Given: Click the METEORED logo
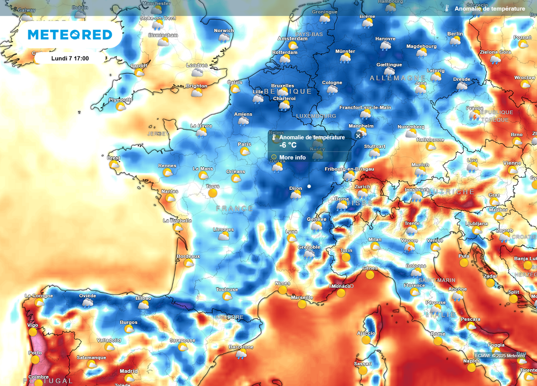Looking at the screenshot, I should pyautogui.click(x=70, y=35).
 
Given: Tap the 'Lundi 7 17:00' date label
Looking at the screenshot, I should pyautogui.click(x=70, y=58).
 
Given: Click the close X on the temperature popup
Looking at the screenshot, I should pyautogui.click(x=358, y=136).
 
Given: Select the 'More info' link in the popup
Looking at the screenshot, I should pyautogui.click(x=292, y=157).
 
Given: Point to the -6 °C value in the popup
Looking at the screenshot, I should pyautogui.click(x=288, y=145).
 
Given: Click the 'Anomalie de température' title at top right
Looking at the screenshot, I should pyautogui.click(x=489, y=8).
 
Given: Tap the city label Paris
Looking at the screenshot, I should pyautogui.click(x=244, y=144).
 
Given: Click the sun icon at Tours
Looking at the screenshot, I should pyautogui.click(x=212, y=193).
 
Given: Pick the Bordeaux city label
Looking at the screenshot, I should pyautogui.click(x=188, y=256).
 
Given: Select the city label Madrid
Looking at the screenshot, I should pyautogui.click(x=128, y=371).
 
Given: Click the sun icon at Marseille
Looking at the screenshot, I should pyautogui.click(x=302, y=304).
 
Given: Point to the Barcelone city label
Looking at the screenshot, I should pyautogui.click(x=241, y=347).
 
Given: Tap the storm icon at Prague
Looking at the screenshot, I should pyautogui.click(x=474, y=115).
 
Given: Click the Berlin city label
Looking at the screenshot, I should pyautogui.click(x=455, y=34).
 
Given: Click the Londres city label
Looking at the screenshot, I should pyautogui.click(x=197, y=66).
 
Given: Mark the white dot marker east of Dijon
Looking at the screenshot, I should pyautogui.click(x=309, y=186).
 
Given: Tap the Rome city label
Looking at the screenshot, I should pyautogui.click(x=437, y=334).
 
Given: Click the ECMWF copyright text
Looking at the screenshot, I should pyautogui.click(x=499, y=356).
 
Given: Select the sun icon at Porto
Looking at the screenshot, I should pyautogui.click(x=35, y=360).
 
